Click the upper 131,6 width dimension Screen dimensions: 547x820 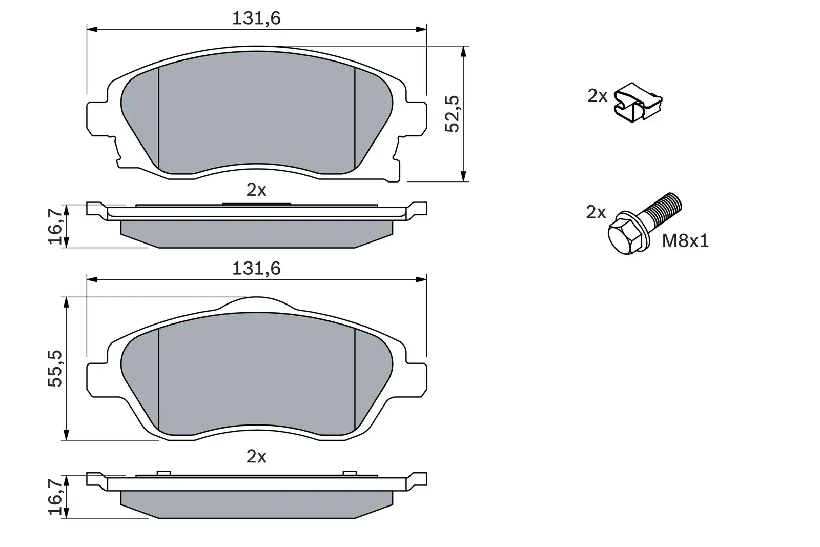pos(256,18)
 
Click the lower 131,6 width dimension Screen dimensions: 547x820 pos(256,269)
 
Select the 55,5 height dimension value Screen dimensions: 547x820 pos(55,368)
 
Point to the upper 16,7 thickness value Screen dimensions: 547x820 pos(57,225)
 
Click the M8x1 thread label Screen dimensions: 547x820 pos(685,240)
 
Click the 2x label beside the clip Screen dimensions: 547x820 pos(597,95)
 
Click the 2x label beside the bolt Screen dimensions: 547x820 pos(596,212)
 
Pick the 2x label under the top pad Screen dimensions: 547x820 pos(256,190)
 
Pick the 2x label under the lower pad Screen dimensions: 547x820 pos(256,456)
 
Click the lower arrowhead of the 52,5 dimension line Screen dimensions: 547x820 pos(463,176)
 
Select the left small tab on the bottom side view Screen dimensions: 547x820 pos(163,472)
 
